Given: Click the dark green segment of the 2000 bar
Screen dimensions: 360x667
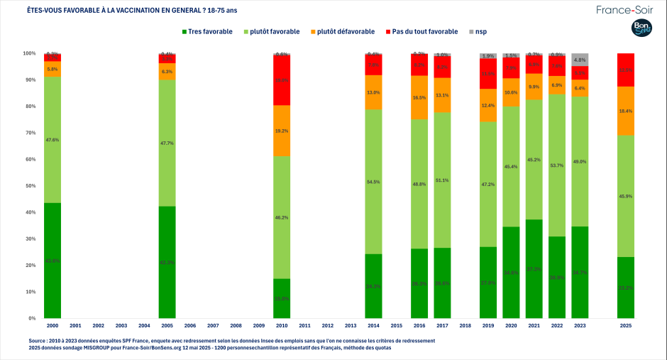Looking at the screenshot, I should coord(53,261).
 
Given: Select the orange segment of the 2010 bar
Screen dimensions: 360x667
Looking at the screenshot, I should coord(282,131).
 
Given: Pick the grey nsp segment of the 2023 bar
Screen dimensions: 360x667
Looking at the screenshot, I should coord(580,60).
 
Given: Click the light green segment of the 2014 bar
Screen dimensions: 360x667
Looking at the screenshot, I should coord(373,182).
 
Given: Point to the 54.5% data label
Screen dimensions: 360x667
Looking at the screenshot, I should coord(373,182).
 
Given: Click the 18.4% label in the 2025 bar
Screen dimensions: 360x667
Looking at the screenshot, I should coord(625,111).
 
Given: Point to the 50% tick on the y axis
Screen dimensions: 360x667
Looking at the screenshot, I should coord(29,186).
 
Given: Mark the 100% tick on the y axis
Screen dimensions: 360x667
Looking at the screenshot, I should coord(29,53).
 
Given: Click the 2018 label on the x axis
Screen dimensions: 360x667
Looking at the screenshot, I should coord(465,325).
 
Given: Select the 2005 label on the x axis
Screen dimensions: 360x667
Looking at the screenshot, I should coord(167,325).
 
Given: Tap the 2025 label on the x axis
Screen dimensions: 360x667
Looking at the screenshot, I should coord(625,325).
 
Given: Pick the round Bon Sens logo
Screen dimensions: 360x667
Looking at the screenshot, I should coord(642,29).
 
